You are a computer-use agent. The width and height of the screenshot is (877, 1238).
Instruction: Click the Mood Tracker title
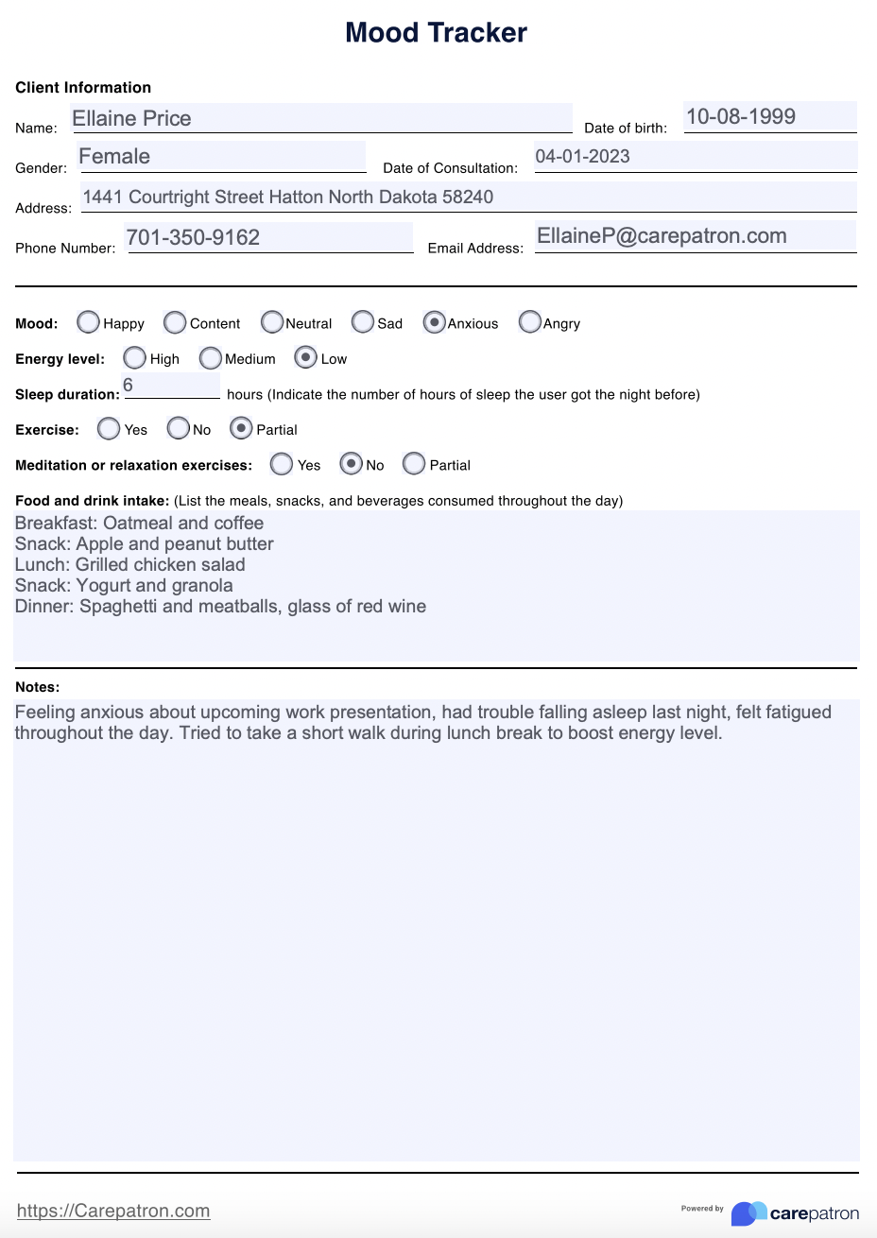coord(436,33)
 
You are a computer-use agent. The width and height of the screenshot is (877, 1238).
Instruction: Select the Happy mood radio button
coord(89,322)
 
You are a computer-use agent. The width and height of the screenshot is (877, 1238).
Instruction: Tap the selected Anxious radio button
coord(434,322)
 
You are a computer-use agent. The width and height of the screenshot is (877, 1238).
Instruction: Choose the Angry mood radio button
coord(530,322)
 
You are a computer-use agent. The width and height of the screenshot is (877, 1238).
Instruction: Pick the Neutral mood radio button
coord(272,322)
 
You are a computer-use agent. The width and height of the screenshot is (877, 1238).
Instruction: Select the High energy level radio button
coord(135,358)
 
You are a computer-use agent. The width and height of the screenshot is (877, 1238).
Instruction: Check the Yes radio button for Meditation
coord(281,464)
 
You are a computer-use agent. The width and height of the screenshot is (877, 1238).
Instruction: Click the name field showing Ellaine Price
coord(132,118)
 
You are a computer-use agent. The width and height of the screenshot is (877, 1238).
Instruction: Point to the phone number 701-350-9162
coord(193,237)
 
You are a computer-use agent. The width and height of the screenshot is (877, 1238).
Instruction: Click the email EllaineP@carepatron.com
coord(662,236)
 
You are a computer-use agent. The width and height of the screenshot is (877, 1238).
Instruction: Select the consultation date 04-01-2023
coord(582,157)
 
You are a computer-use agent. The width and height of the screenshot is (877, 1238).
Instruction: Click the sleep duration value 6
coord(129,386)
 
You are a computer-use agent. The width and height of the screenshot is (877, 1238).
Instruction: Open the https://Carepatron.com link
coord(113,1211)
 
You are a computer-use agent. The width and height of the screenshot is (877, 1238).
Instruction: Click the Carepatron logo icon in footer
coord(748,1213)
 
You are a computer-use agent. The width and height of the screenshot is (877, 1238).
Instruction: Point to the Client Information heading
coord(83,88)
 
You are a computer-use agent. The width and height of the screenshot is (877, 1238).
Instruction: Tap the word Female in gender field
coord(114,157)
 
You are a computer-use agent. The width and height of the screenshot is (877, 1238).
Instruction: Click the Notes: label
coord(38,687)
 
